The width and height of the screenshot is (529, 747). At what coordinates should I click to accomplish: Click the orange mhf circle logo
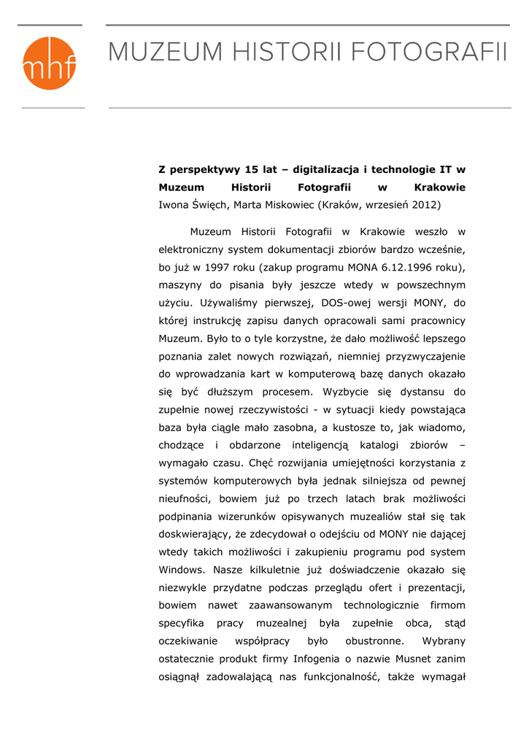[x=50, y=63]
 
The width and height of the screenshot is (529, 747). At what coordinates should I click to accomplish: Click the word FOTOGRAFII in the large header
[x=428, y=53]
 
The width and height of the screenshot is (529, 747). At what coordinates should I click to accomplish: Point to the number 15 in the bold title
[x=251, y=170]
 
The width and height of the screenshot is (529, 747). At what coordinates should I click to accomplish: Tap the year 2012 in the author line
[x=425, y=205]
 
